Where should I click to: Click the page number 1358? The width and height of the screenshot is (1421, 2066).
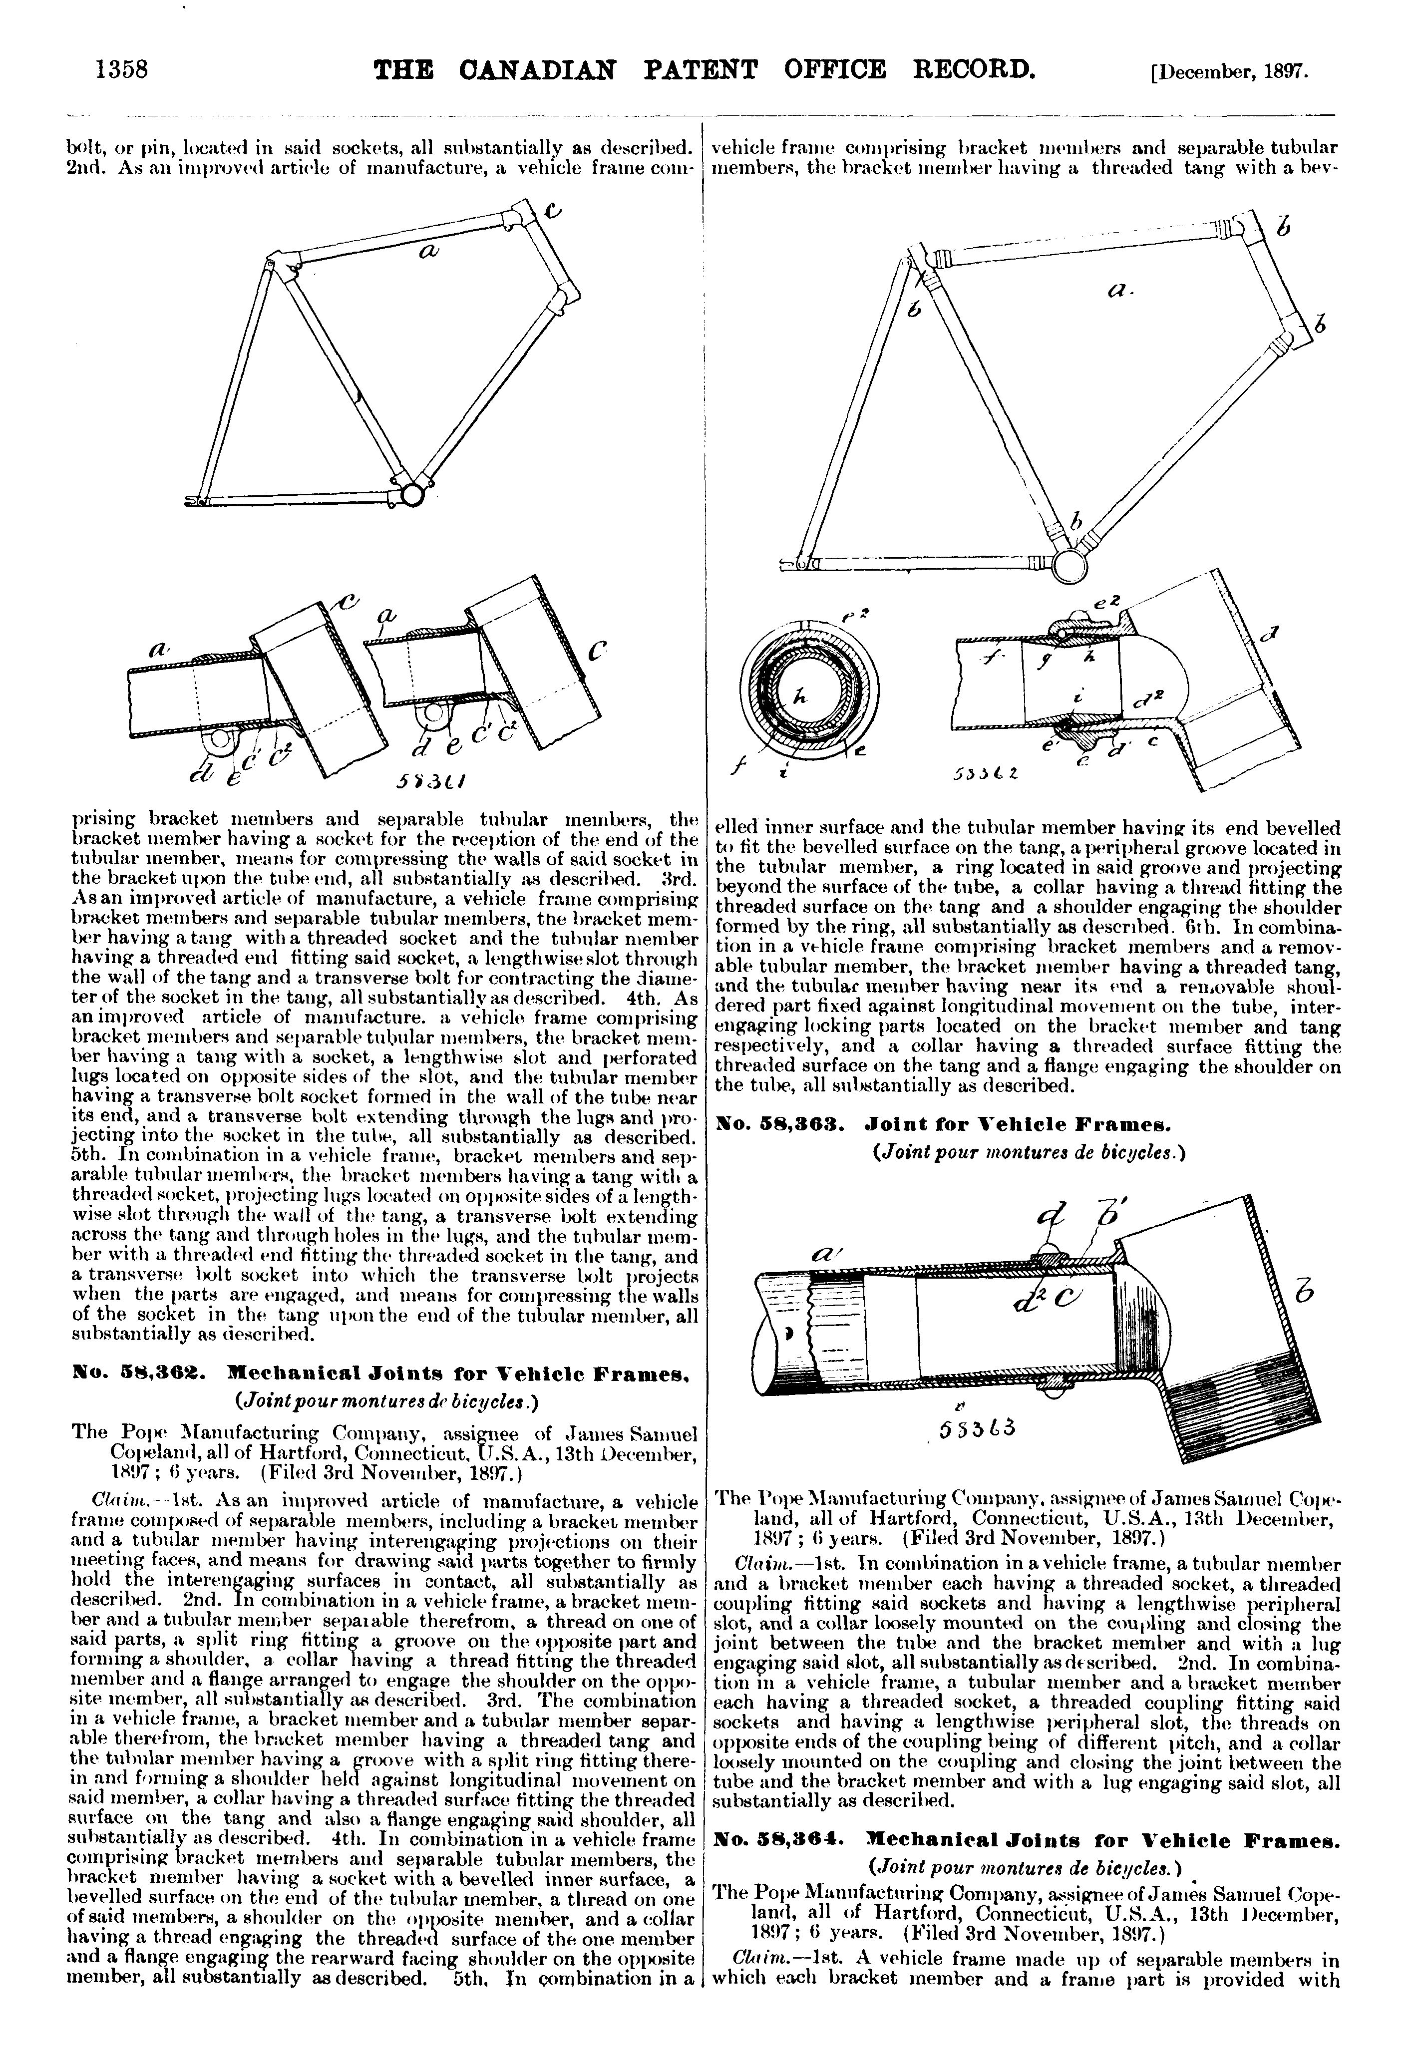coord(120,69)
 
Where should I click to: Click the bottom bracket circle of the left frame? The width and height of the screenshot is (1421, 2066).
coord(411,492)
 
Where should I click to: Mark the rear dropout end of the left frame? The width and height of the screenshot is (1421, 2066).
coord(198,501)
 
